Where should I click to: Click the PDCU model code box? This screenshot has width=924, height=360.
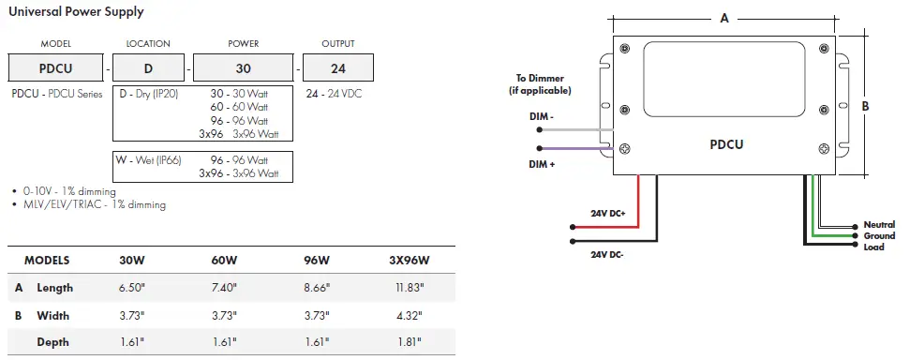tap(55, 67)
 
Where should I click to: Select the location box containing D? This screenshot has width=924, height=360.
tap(148, 67)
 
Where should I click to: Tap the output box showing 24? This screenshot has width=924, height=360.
tap(338, 67)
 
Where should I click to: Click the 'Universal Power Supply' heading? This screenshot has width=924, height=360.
tap(76, 11)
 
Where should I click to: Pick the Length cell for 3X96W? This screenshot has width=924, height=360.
tap(410, 288)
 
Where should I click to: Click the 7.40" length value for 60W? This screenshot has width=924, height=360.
tap(224, 288)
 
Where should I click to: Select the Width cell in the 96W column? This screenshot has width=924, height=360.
tap(317, 316)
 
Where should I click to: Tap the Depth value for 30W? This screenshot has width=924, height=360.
tap(131, 342)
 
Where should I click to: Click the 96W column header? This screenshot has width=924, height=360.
tap(317, 261)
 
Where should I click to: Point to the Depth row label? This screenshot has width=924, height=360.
tap(52, 342)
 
